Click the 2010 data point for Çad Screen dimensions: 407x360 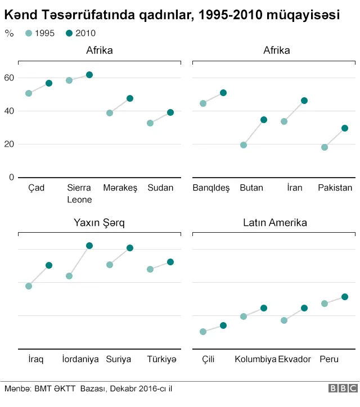[49, 83]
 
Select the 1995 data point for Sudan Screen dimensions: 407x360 [150, 123]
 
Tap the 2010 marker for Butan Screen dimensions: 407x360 [264, 120]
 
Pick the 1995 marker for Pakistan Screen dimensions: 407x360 [325, 147]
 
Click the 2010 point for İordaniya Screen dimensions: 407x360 [89, 246]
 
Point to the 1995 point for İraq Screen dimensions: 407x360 [29, 286]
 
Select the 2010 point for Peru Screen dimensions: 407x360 [345, 297]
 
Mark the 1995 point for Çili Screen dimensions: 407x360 [203, 332]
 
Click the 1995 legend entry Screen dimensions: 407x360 [40, 33]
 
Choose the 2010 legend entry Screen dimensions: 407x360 [80, 33]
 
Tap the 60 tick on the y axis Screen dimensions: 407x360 [8, 78]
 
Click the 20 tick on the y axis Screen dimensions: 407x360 [8, 144]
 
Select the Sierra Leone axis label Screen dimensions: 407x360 [79, 193]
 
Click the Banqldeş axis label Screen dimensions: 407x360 [211, 188]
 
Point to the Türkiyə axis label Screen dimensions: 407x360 [161, 359]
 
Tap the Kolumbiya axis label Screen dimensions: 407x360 [255, 359]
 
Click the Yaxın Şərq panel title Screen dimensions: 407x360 [99, 223]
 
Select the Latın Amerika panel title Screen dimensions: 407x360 [275, 223]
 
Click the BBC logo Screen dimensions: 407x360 [343, 388]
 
